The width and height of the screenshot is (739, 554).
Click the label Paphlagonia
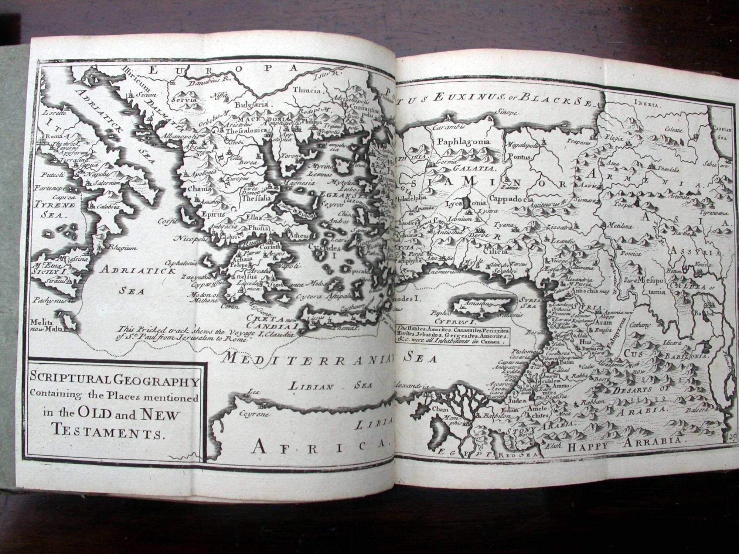463,142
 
